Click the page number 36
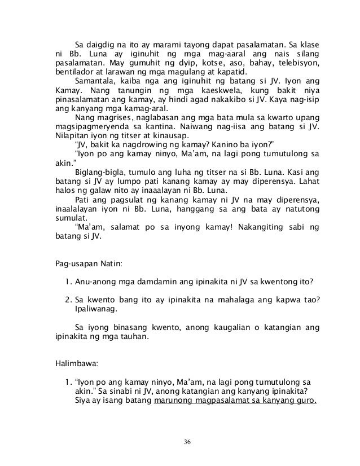pos(180,441)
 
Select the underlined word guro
pos(305,402)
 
